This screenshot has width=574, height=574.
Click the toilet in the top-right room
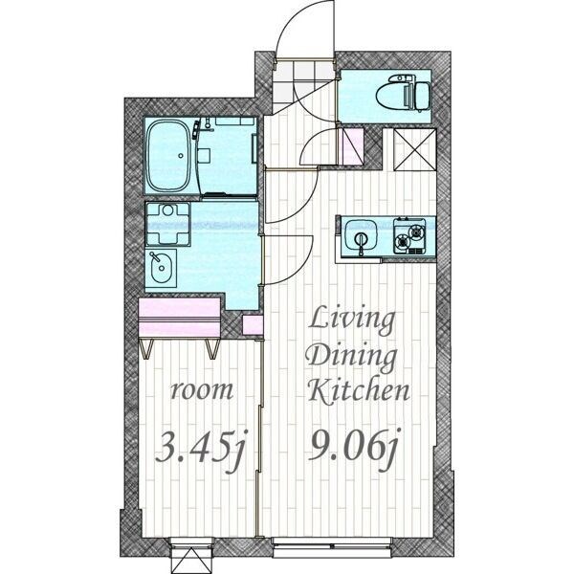point(403,93)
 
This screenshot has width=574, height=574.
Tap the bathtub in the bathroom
point(168,157)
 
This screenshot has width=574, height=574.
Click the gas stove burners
point(409,236)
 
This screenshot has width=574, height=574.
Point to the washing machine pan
point(168,224)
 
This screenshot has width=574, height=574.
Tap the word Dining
point(352,356)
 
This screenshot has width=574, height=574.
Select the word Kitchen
point(358,390)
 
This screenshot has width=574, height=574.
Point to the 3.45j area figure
point(201,450)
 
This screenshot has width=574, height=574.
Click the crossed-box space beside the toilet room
point(415,149)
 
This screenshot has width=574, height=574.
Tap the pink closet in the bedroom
point(180,317)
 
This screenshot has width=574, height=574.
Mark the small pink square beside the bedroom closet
point(253,325)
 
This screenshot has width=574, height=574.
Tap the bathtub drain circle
point(181,156)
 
